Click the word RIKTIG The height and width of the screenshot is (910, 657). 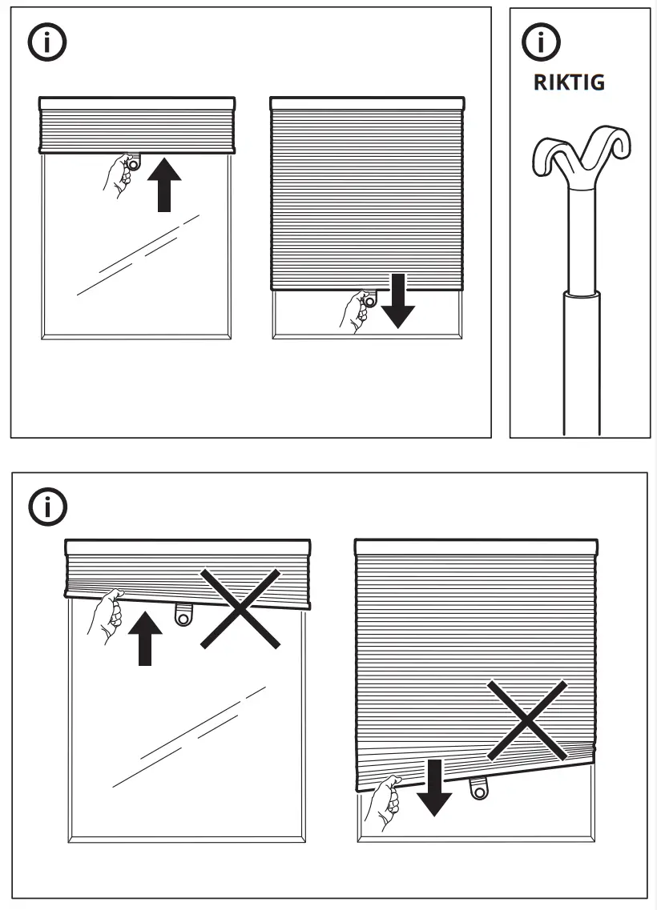[x=569, y=82]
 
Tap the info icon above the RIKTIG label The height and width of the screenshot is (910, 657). [x=542, y=41]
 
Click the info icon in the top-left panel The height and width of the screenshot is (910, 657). [x=47, y=43]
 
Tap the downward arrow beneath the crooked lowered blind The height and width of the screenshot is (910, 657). [x=435, y=788]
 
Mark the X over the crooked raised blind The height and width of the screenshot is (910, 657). [x=240, y=608]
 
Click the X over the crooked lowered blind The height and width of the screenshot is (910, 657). [x=526, y=720]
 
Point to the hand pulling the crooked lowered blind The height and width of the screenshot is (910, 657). [x=382, y=804]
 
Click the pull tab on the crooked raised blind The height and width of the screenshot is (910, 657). [x=183, y=615]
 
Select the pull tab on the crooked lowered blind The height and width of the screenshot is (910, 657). [x=479, y=789]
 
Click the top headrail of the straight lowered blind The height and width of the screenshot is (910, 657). [x=367, y=103]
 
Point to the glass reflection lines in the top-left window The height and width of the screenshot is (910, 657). [x=138, y=255]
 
